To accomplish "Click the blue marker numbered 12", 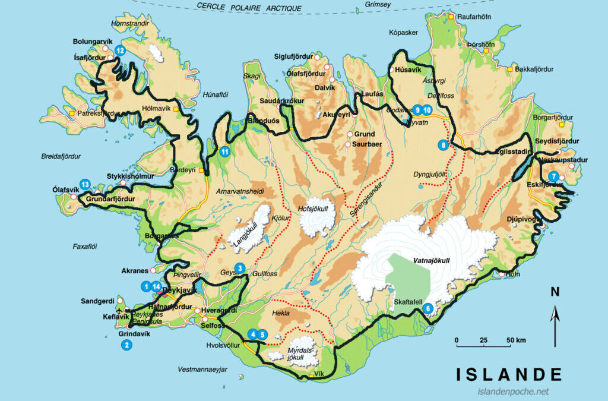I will (x=120, y=51).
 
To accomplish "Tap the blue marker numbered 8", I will (x=442, y=144).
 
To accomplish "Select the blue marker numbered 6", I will (x=427, y=308).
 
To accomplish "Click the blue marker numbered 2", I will (x=126, y=345).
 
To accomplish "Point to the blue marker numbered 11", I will (x=225, y=151).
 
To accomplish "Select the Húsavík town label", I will (x=408, y=71).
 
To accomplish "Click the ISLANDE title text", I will (x=509, y=374).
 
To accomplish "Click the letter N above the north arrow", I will (x=555, y=292).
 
